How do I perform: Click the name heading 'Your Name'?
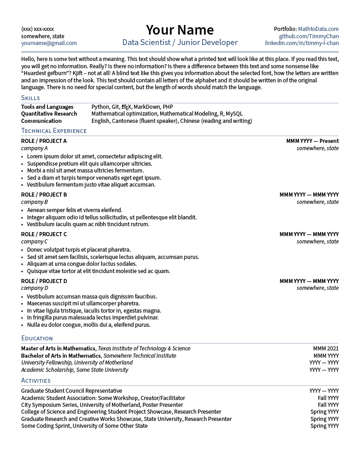point(180,30)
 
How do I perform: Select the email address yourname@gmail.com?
point(49,43)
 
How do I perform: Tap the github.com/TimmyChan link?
point(309,36)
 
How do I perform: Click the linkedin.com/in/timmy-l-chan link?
point(302,43)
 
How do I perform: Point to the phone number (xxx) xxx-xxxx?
point(37,29)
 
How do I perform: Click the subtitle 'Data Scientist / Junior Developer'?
point(180,42)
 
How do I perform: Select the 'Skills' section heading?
point(30,98)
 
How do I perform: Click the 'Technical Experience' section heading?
point(54,131)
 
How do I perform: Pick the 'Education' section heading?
point(37,338)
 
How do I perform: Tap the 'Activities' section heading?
point(35,380)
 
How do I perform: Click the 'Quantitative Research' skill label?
point(49,114)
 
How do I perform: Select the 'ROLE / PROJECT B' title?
point(44,195)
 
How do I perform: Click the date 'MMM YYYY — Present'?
point(312,141)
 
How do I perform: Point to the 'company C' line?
point(34,242)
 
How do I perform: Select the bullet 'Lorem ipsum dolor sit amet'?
point(94,157)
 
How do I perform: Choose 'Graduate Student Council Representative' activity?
point(71,391)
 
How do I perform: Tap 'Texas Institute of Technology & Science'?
point(144,349)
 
